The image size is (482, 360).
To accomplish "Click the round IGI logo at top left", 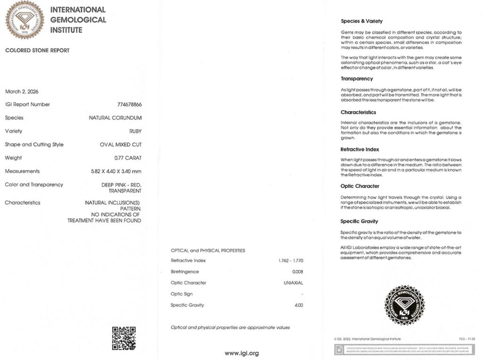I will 24,19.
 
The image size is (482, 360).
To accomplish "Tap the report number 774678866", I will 129,104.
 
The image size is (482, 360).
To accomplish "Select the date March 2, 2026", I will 22,91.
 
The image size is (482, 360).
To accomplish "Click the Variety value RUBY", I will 136,131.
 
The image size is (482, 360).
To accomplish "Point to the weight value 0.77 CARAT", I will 128,158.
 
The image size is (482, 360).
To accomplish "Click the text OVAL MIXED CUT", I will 120,144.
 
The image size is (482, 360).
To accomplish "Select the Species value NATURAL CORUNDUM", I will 115,118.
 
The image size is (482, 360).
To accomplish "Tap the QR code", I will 124,338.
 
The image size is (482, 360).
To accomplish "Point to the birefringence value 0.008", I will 297,272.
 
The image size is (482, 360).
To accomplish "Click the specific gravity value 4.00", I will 298,305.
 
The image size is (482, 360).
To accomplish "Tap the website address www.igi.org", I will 241,353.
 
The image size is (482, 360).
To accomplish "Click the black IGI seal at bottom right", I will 404,305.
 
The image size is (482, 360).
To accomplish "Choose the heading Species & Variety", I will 361,21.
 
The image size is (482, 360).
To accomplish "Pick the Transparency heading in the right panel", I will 357,79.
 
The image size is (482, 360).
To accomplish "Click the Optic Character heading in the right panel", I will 360,186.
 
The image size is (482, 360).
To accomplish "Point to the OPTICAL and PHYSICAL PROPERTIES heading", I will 208,250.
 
